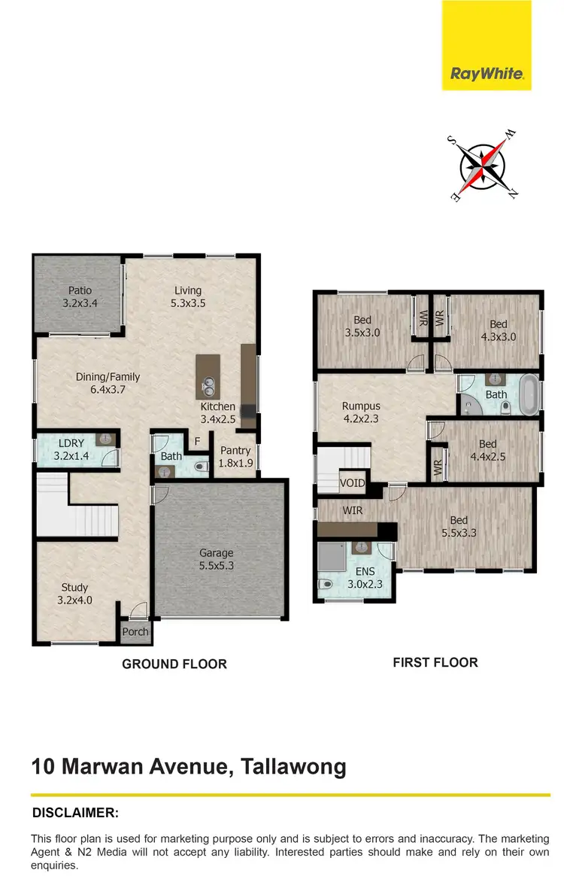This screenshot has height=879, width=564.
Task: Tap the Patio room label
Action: coord(80,297)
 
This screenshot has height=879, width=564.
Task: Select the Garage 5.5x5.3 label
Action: coord(217,559)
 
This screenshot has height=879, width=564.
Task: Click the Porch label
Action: coord(135,631)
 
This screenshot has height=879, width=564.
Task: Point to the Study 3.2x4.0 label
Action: coord(74,594)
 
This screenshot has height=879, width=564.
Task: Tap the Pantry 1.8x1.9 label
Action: coord(235,457)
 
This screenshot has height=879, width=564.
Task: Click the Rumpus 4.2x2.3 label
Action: coord(361,413)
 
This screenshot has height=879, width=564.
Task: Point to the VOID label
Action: coord(352,483)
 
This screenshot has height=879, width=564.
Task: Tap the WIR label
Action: coord(353,510)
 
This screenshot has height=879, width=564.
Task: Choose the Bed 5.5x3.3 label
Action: coord(459,527)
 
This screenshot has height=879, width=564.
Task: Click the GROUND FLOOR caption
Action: coord(174,664)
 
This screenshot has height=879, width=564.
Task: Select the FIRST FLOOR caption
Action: coord(435,662)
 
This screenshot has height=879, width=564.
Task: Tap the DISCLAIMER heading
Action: coord(75,813)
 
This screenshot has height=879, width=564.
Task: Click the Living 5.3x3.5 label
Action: coord(188,297)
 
